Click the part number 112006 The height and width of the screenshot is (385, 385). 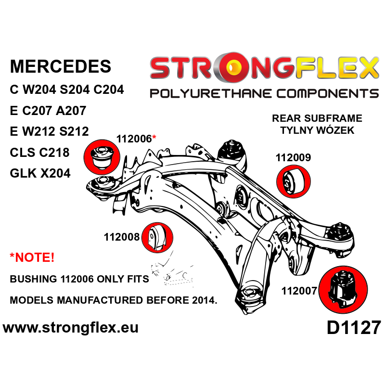tap(134, 139)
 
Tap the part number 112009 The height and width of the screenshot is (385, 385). tap(293, 157)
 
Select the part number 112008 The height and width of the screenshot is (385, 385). tap(121, 237)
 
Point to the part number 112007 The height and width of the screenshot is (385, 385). tap(299, 291)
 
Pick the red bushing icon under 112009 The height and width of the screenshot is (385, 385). tap(294, 181)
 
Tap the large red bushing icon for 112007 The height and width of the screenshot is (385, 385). tap(343, 289)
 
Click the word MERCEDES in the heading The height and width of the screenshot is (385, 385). tap(60, 66)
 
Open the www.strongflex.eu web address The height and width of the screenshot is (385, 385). tap(71, 328)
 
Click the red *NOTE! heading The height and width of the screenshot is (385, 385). tap(32, 257)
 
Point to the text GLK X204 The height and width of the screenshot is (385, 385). tap(40, 173)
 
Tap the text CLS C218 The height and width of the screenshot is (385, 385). tap(39, 153)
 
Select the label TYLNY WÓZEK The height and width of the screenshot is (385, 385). tap(317, 130)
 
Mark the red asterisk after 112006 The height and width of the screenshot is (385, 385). tap(154, 138)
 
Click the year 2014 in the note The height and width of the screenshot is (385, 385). tap(202, 300)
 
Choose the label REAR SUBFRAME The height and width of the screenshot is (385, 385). tap(317, 118)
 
